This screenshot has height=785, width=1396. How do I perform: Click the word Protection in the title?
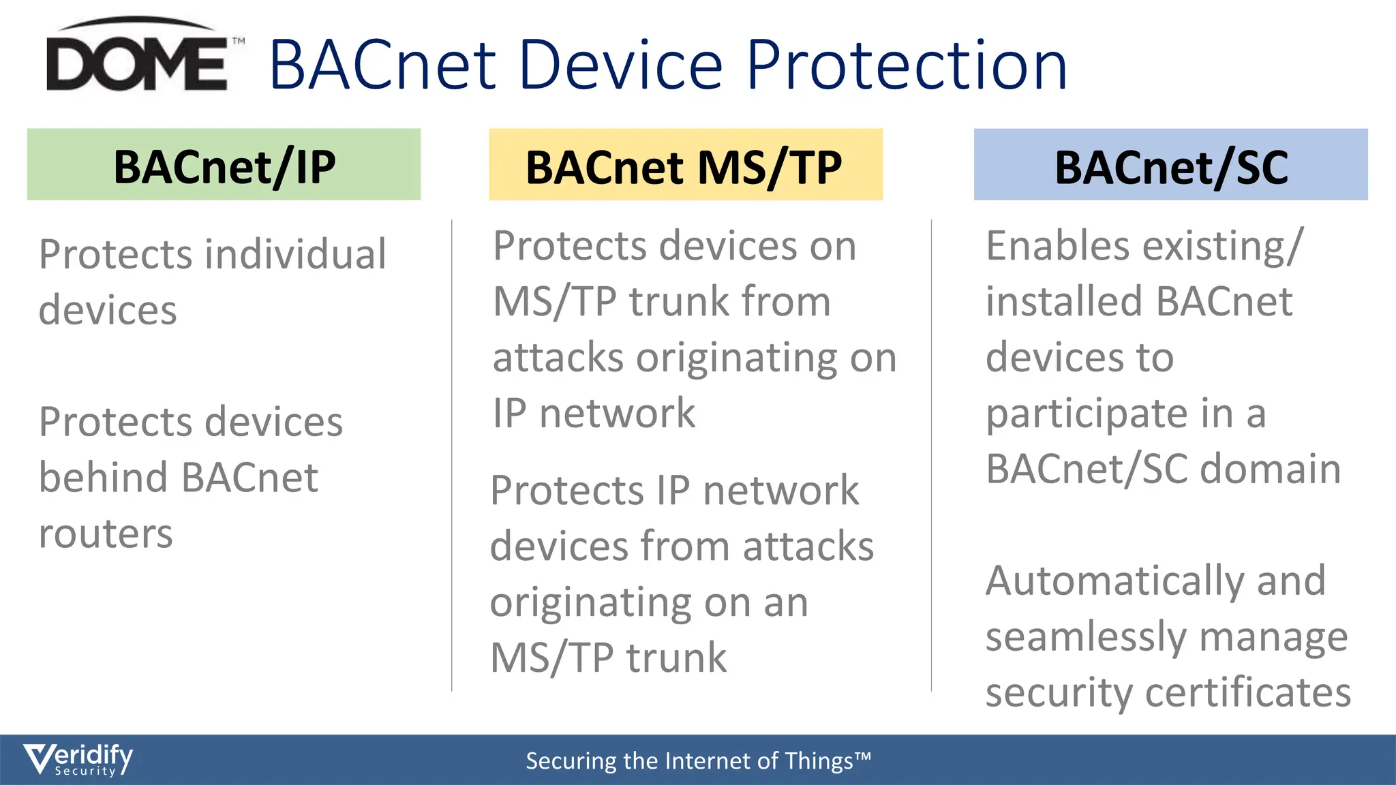pos(907,65)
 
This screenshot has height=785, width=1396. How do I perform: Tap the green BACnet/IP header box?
pos(224,165)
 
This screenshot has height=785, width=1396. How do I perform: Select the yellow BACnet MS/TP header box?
pos(685,165)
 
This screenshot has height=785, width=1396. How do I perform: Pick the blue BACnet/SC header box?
pos(1170,165)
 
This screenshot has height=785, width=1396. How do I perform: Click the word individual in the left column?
pos(296,255)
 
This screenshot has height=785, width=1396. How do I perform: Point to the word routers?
pos(106,534)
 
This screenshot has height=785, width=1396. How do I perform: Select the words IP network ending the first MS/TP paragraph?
pos(594,414)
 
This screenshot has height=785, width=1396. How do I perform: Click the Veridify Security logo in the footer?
pos(78,759)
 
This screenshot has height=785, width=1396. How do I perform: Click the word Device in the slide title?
pos(620,65)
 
